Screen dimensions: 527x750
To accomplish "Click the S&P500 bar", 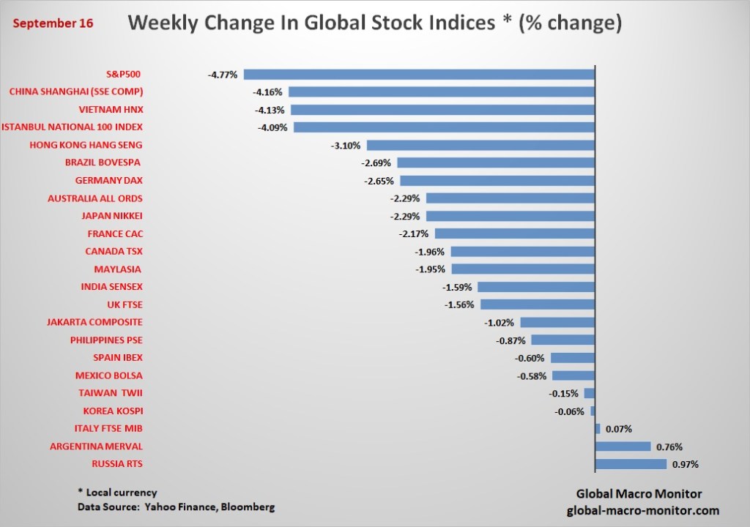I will coord(419,74).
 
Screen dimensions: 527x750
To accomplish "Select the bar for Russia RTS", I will coord(631,464).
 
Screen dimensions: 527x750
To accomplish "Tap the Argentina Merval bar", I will coord(623,446).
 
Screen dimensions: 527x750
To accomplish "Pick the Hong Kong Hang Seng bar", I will coord(480,145).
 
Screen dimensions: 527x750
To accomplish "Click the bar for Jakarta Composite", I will coord(558,322).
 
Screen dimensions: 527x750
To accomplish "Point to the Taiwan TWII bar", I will coord(590,393).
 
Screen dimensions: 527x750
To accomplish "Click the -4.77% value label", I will coord(223,74).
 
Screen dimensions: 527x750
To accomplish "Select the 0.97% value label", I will coord(686,464).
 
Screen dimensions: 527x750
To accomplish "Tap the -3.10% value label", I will coord(346,145).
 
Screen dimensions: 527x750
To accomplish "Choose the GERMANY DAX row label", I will coord(109,181).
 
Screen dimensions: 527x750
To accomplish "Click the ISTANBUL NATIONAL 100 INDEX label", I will coord(72,127).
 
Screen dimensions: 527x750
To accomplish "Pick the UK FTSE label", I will coord(125,304).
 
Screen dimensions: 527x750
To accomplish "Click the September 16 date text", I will coord(53,23).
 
